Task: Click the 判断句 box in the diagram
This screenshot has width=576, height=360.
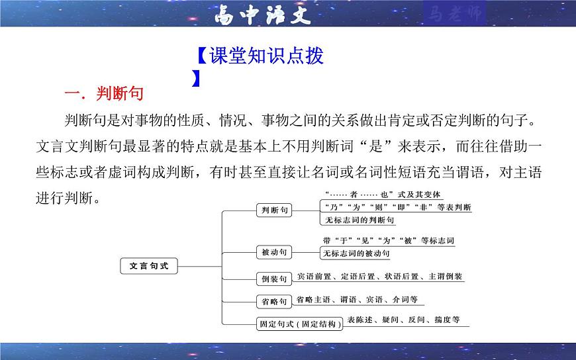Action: coord(273,210)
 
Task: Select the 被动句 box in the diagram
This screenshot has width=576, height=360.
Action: coord(273,252)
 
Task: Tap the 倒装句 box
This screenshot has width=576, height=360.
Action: coord(273,278)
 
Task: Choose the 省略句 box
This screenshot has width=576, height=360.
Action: coord(273,301)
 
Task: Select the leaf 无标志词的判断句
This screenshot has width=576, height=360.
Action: coord(360,219)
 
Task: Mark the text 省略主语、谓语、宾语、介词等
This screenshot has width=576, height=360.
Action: coord(357,299)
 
